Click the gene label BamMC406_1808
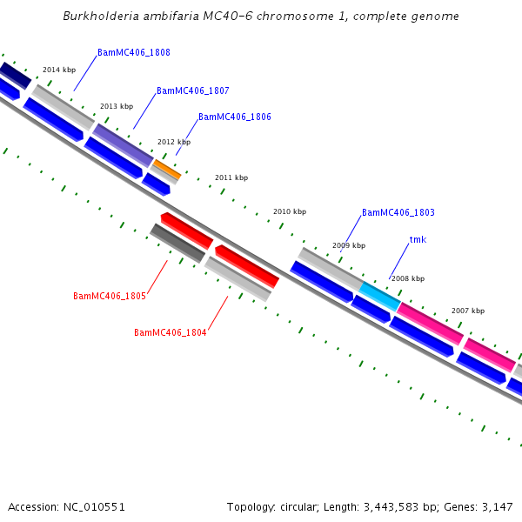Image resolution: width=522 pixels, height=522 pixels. (134, 53)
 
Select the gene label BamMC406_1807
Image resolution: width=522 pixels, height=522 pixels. (193, 91)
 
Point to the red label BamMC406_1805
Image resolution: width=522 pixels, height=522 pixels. (110, 297)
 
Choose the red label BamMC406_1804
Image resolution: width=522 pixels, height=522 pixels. (171, 333)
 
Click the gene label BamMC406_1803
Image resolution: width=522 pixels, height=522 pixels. (398, 213)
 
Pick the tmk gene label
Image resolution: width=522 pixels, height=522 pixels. (418, 240)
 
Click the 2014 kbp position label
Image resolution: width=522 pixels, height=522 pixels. (59, 70)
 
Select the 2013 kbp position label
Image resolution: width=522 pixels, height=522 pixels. (117, 106)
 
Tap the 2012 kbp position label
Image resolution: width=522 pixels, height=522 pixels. (174, 142)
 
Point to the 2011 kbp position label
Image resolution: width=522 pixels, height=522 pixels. (231, 177)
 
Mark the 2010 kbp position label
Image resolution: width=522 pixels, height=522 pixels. (290, 211)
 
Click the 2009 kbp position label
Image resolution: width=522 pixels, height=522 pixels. (348, 246)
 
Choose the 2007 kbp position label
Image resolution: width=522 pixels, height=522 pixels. (468, 311)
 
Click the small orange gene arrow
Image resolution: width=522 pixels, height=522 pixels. (167, 169)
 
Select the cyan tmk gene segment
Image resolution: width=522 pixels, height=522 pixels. (379, 296)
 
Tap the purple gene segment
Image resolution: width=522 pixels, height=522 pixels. (124, 145)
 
